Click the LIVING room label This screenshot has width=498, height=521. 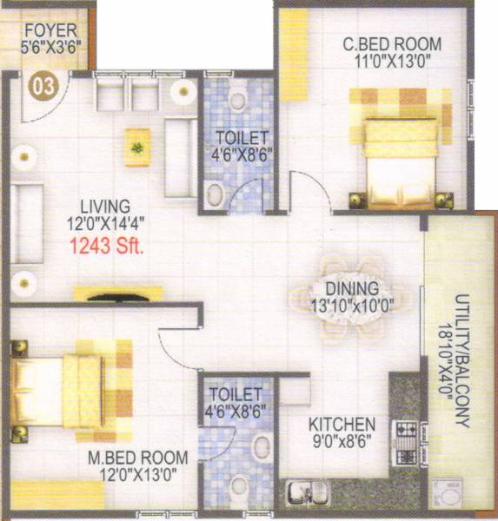coord(105,207)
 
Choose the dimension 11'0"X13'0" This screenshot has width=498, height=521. coord(391,62)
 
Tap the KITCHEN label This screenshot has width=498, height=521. coord(343,425)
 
